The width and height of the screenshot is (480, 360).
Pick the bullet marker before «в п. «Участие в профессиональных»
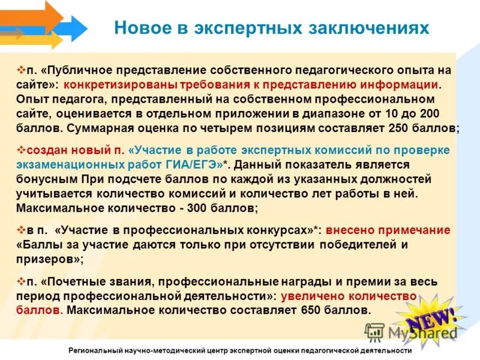[x=21, y=229]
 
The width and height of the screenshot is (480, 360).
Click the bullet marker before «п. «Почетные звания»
[x=21, y=281]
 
